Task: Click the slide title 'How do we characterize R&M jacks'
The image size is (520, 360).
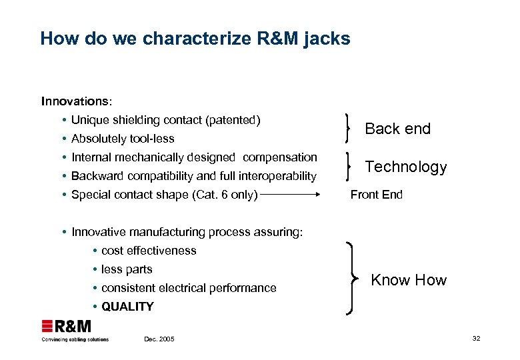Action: point(195,39)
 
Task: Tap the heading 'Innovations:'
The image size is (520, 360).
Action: point(77,101)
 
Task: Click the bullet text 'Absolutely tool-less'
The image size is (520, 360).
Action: point(123,139)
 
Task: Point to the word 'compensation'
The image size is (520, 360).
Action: point(280,157)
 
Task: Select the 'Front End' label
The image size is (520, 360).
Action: point(377,195)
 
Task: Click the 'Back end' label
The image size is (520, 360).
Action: point(398,129)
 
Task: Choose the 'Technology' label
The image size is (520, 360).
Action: point(406,167)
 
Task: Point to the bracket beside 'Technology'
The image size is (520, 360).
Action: point(348,166)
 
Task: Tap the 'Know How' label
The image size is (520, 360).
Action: point(409,280)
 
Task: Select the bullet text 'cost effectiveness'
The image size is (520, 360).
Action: point(149,251)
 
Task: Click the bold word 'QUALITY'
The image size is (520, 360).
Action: point(127,307)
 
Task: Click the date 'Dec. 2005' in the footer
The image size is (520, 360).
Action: point(159,339)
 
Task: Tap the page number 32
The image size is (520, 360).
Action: point(476,339)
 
